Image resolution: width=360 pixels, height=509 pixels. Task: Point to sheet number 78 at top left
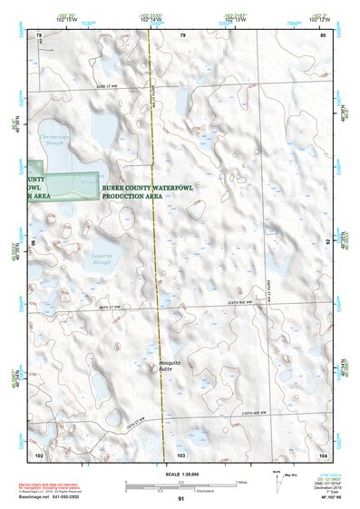point(39,35)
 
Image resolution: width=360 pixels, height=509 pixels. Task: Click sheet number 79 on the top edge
point(182,35)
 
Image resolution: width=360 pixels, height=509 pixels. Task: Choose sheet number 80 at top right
point(322,35)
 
